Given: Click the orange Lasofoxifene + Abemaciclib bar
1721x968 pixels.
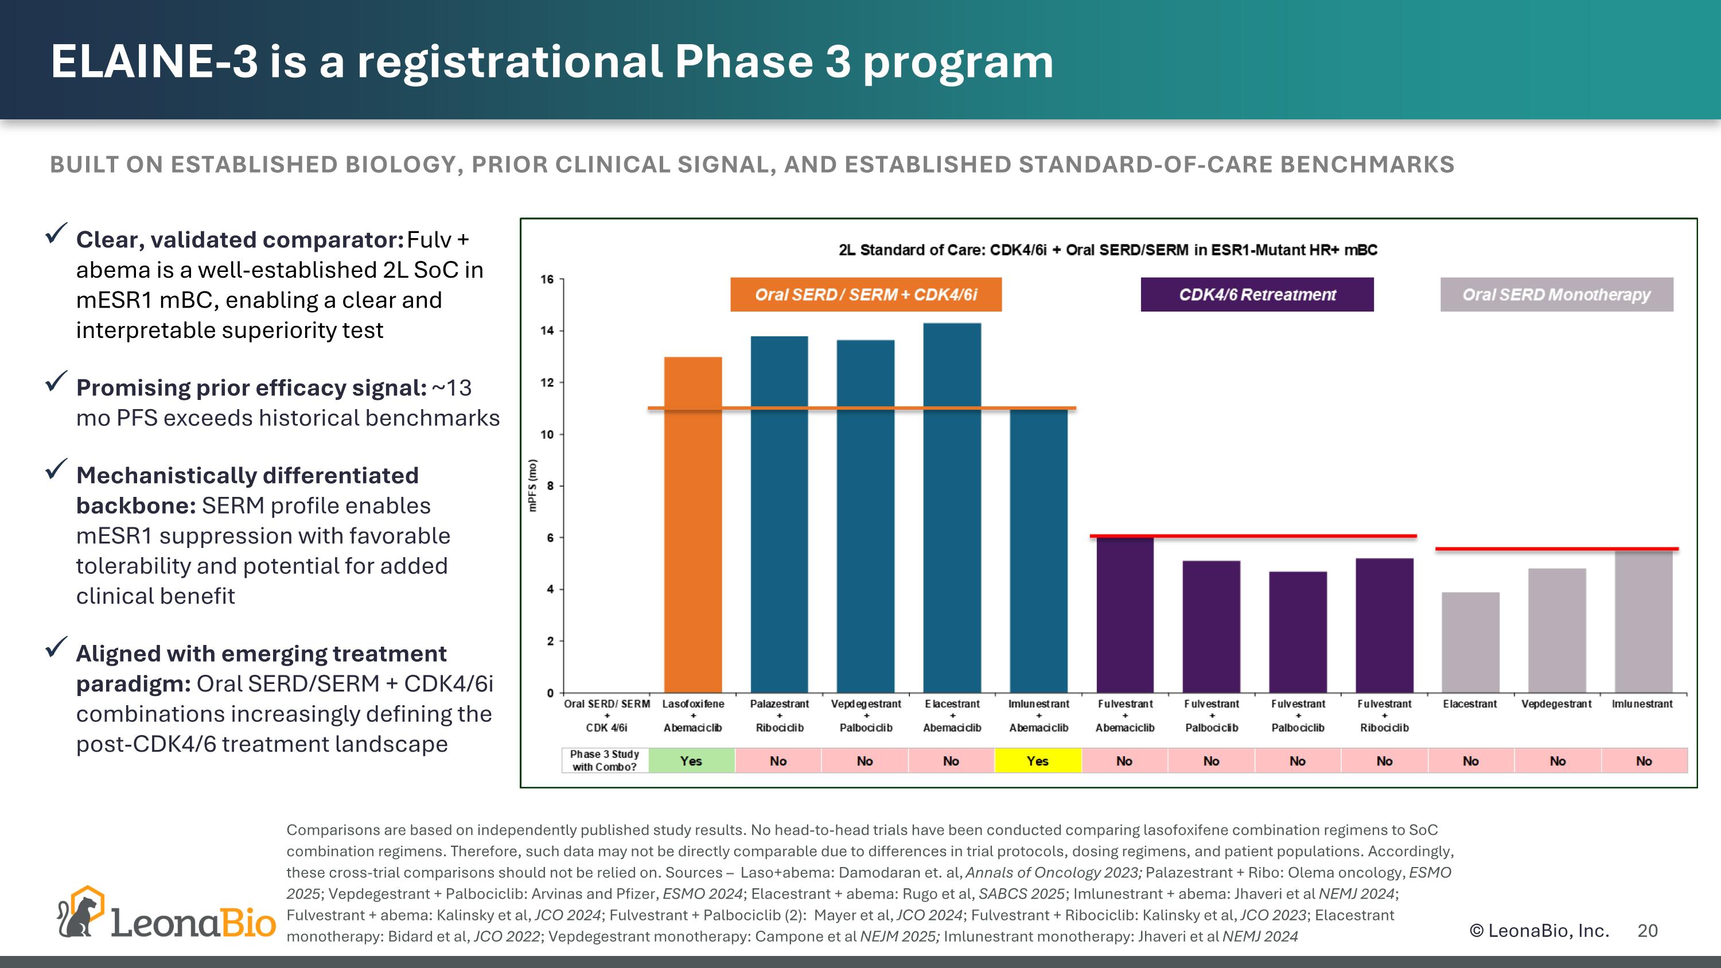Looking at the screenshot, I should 693,524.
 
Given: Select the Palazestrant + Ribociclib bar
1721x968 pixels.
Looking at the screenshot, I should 779,514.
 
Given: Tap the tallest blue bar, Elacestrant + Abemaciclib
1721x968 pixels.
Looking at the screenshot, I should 952,508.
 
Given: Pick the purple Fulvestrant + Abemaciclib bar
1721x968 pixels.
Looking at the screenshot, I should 1125,615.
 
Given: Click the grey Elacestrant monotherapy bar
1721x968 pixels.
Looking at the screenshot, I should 1470,642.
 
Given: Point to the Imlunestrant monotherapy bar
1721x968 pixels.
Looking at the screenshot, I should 1644,621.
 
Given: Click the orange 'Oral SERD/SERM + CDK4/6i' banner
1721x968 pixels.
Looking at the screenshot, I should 866,294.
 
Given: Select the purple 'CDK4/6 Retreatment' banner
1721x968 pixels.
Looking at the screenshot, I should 1257,294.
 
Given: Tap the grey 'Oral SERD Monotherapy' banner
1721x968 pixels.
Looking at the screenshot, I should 1556,294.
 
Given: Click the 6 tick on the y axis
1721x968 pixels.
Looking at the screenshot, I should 551,538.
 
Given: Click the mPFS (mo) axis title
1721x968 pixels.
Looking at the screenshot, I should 532,485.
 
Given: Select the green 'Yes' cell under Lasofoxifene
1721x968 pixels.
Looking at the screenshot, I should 691,761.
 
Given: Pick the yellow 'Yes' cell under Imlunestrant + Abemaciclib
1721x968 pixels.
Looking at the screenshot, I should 1038,761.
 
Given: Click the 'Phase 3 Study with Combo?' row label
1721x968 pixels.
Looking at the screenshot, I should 605,760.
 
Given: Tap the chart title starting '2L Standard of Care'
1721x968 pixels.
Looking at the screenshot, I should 1108,250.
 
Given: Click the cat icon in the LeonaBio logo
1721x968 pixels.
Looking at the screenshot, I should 80,913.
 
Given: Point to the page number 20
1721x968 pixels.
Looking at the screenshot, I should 1648,931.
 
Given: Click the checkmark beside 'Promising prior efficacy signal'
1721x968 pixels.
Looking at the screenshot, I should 56,382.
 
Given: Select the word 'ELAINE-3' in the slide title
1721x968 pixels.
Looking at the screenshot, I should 154,61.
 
